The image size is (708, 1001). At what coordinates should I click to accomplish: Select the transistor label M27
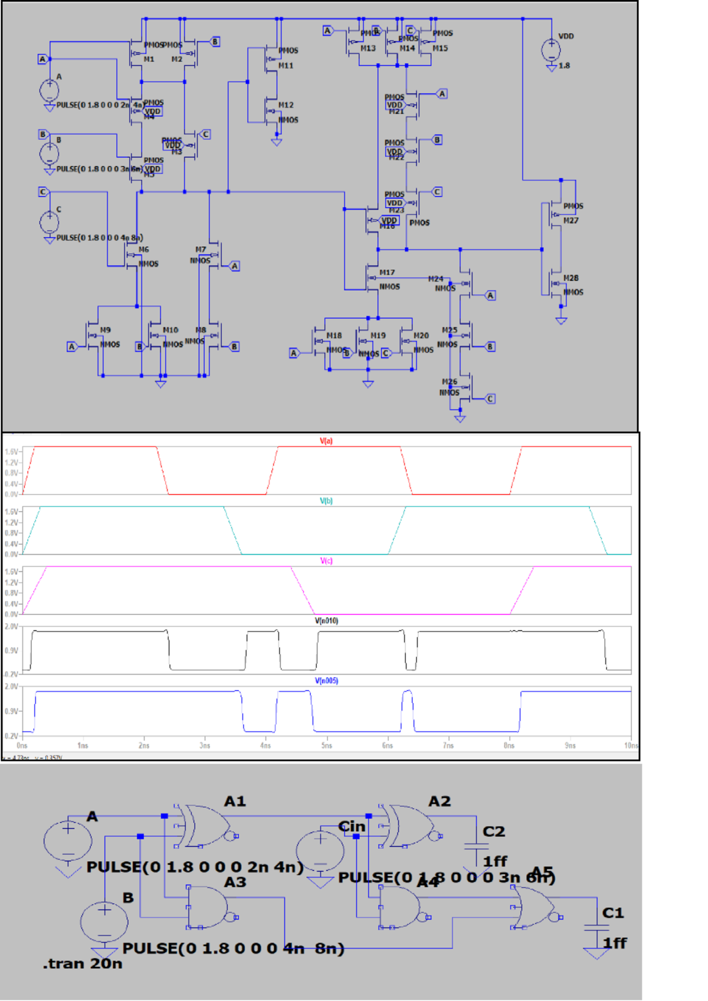pos(571,221)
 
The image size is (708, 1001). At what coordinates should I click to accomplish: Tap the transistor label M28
pos(571,278)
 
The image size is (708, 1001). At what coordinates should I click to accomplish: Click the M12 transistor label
pos(286,105)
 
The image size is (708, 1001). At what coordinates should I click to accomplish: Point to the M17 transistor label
pos(387,273)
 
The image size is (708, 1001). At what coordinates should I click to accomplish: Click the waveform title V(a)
pos(326,441)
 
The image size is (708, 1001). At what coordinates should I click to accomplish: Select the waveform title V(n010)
pos(326,621)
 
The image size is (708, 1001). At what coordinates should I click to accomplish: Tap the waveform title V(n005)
pos(326,681)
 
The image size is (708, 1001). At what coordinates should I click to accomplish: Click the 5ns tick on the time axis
pos(326,745)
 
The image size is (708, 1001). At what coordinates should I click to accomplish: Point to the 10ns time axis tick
pos(631,745)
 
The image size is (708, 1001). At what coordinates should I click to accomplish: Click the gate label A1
pos(235,802)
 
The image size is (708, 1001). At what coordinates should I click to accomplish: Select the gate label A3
pos(235,882)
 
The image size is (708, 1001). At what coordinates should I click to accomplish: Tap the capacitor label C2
pos(494,832)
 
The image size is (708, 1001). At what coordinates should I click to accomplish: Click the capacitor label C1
pos(613,913)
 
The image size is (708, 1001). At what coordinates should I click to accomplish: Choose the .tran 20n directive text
pos(83,964)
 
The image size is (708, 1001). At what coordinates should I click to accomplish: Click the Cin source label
pos(352,827)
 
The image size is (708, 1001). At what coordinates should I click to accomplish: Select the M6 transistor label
pos(144,250)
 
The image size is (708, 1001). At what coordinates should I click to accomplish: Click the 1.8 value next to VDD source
pos(564,66)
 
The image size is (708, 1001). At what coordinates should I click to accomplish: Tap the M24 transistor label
pos(435,279)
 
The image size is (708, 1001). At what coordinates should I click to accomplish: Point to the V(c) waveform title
pos(326,561)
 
